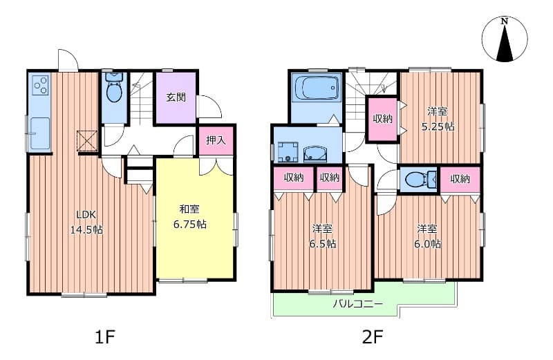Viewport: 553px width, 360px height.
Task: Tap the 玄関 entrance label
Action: tap(176, 97)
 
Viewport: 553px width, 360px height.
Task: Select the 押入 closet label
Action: tap(216, 141)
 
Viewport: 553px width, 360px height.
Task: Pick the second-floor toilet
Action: tap(418, 180)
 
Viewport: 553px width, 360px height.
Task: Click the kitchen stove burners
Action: tap(41, 86)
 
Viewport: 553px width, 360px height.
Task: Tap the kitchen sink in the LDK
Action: tap(40, 132)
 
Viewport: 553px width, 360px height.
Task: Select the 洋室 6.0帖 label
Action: tap(428, 236)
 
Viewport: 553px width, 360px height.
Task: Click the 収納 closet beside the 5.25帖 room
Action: tap(382, 119)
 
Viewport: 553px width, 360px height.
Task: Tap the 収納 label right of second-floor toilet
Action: tap(460, 179)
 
